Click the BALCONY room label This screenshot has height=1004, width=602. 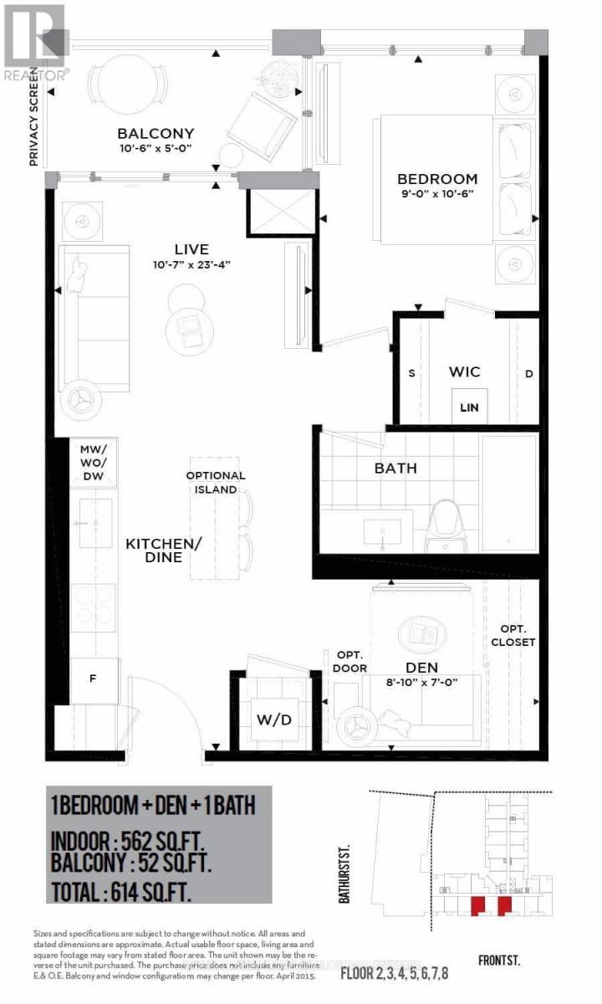156,133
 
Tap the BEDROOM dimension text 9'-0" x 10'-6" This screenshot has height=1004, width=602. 436,195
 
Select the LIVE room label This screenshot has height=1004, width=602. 191,249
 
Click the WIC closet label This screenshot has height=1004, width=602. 464,371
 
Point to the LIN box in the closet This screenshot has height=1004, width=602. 467,407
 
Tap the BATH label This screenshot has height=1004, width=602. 395,469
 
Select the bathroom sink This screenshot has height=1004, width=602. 383,530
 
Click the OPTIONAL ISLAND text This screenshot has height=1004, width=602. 216,483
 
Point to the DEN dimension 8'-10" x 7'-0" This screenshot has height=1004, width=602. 417,681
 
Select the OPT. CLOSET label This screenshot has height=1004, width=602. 513,635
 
